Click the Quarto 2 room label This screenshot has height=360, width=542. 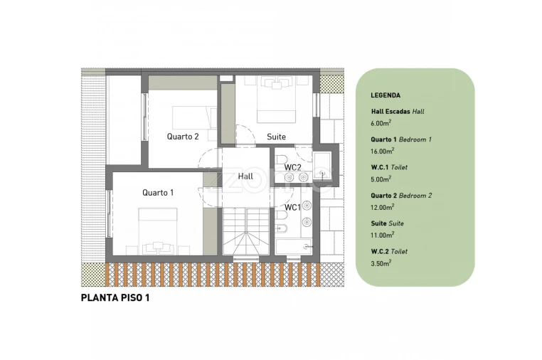pyautogui.click(x=183, y=137)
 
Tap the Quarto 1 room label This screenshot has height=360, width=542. pyautogui.click(x=158, y=193)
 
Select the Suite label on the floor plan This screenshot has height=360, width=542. pyautogui.click(x=276, y=137)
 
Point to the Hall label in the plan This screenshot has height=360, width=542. pyautogui.click(x=245, y=176)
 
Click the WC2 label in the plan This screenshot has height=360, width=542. pyautogui.click(x=293, y=167)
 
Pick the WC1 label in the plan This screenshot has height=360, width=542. pyautogui.click(x=292, y=208)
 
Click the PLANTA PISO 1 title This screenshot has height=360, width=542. pyautogui.click(x=115, y=298)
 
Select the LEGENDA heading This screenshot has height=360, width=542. pyautogui.click(x=386, y=95)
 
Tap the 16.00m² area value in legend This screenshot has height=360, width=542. pyautogui.click(x=383, y=151)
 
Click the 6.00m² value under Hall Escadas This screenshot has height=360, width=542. pyautogui.click(x=381, y=123)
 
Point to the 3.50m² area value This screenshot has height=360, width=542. pyautogui.click(x=381, y=263)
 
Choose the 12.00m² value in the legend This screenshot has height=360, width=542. pyautogui.click(x=383, y=207)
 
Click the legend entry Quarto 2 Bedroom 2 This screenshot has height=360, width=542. pyautogui.click(x=401, y=196)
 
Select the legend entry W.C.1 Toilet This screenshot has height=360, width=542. pyautogui.click(x=389, y=167)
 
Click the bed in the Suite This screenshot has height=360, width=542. pyautogui.click(x=276, y=100)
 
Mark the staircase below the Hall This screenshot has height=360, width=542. pyautogui.click(x=246, y=231)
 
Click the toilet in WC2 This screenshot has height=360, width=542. pyautogui.click(x=282, y=159)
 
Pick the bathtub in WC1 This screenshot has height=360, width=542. pyautogui.click(x=294, y=247)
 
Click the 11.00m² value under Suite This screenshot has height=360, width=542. pyautogui.click(x=382, y=235)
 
